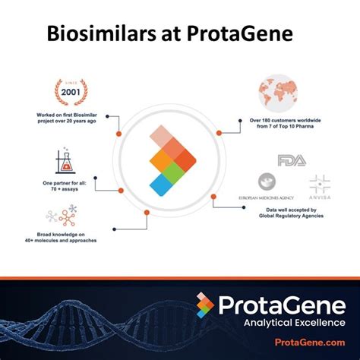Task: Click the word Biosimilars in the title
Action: (95, 34)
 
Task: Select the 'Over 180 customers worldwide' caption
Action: (292, 122)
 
